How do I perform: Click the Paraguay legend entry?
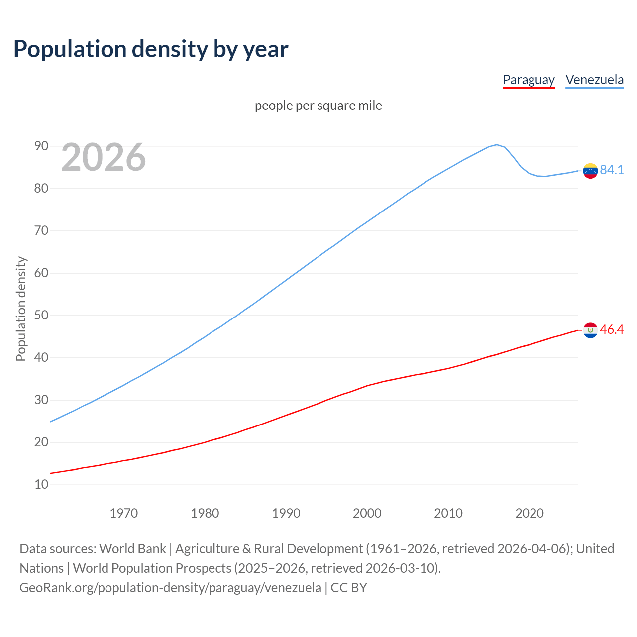[x=529, y=80]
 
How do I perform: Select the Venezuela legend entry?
[x=594, y=80]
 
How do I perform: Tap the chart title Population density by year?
[x=151, y=49]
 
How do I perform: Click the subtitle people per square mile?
[x=318, y=106]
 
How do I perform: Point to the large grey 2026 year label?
[x=104, y=157]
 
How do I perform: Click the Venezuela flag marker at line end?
[x=590, y=171]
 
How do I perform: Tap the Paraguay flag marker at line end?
[x=590, y=330]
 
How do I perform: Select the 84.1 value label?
[x=612, y=170]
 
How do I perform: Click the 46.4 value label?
[x=612, y=329]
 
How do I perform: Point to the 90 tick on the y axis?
[x=41, y=146]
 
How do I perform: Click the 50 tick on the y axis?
[x=41, y=315]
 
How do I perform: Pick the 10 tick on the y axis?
[x=41, y=484]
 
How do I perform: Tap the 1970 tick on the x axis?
[x=123, y=513]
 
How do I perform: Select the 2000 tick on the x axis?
[x=367, y=513]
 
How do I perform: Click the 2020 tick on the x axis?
[x=530, y=513]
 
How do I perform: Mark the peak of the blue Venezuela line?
[x=497, y=145]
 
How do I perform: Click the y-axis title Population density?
[x=21, y=309]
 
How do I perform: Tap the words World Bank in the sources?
[x=132, y=548]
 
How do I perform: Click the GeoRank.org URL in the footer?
[x=170, y=587]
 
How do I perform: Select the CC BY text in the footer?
[x=349, y=587]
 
